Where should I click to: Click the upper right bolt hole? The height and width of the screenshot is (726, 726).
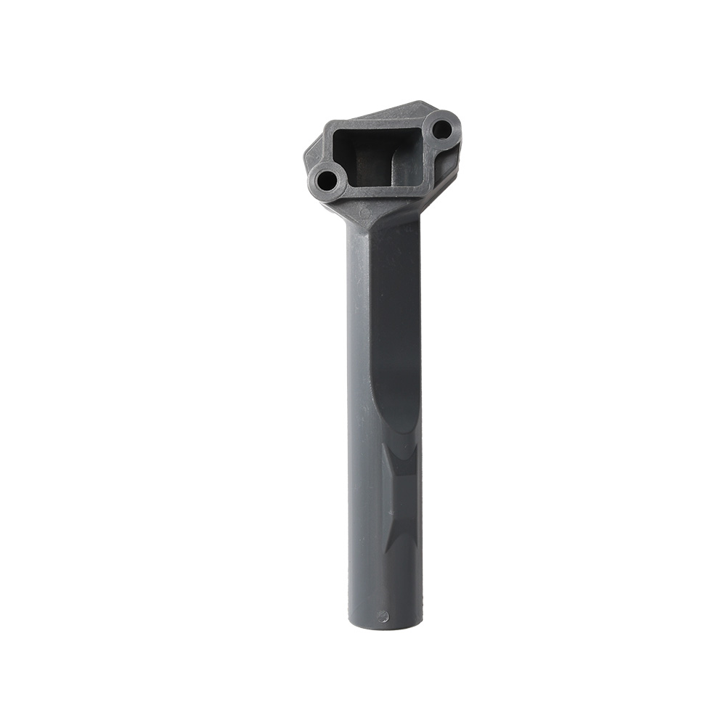pos(441,130)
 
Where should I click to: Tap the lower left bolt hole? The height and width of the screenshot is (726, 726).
pos(327,179)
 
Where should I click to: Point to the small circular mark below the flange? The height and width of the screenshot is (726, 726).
pos(365,213)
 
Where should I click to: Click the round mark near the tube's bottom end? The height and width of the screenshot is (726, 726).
pos(383,616)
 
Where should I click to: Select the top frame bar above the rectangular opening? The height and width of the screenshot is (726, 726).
pos(378,123)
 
